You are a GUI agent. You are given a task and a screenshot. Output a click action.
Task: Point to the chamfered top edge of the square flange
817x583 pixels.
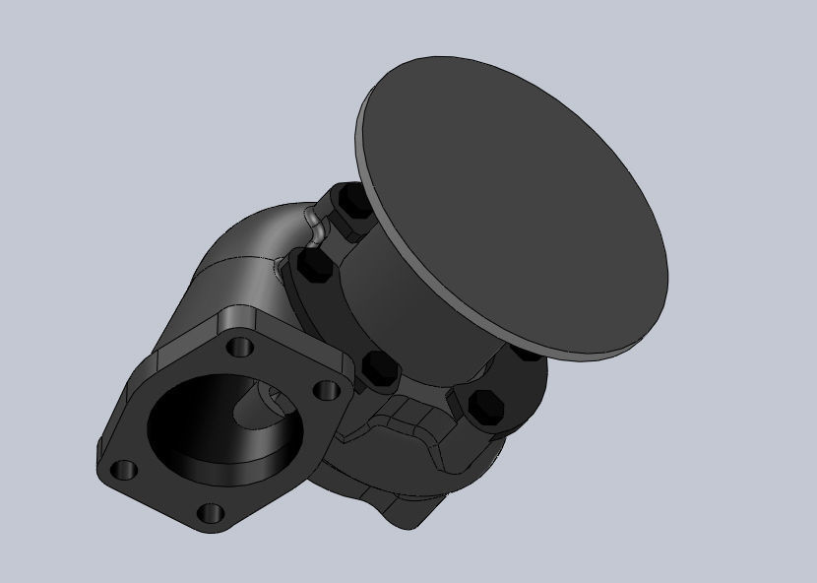click(x=285, y=330)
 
